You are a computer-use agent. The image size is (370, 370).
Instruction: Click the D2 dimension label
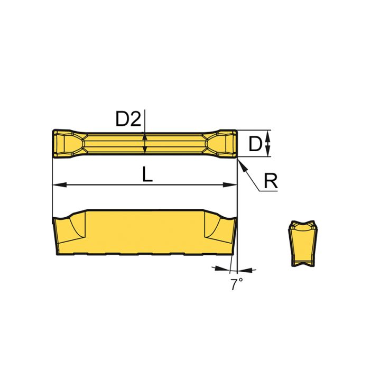(128, 120)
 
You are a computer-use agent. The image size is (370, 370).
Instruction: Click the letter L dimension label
(147, 174)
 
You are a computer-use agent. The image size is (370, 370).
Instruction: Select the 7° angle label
(236, 285)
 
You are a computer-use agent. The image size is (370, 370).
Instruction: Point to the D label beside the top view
(255, 143)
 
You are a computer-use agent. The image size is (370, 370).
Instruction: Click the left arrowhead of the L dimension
(58, 185)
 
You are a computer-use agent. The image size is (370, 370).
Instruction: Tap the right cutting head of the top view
(222, 143)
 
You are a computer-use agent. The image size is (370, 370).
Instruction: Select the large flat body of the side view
(143, 230)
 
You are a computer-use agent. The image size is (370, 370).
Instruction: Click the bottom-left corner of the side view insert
(55, 253)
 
